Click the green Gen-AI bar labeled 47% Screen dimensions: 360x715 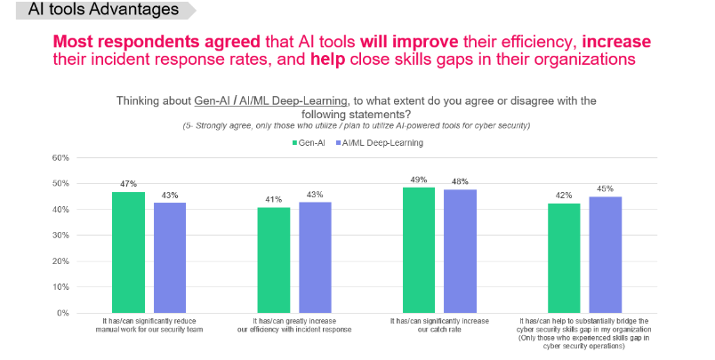(x=128, y=252)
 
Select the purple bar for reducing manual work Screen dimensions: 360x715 (x=170, y=257)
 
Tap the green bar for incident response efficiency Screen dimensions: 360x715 (x=274, y=260)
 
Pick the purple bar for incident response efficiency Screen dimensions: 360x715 (x=315, y=257)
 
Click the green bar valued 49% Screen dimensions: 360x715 (x=419, y=250)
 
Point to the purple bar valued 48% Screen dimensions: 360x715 (x=460, y=251)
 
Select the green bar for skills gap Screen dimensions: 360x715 (x=564, y=258)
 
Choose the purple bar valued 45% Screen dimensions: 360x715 (x=605, y=254)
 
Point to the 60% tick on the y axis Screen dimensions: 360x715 (x=60, y=158)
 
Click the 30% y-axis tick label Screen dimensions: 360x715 (x=60, y=236)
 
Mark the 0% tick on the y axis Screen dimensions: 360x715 (x=63, y=313)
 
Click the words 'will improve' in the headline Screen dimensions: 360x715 (x=409, y=42)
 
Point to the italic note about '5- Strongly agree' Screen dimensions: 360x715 (x=357, y=125)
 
